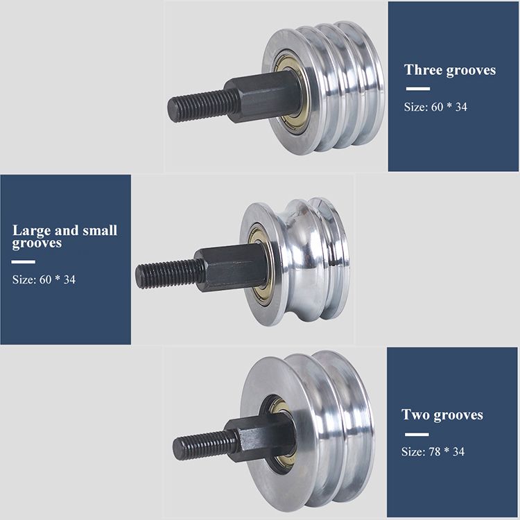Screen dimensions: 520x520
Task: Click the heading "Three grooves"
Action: [x=450, y=70]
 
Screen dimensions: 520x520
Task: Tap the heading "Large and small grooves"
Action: [x=64, y=236]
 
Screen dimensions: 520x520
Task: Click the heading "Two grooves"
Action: [x=442, y=415]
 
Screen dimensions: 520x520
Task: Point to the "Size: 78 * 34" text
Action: [x=433, y=451]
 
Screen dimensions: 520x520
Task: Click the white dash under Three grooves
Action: [x=417, y=89]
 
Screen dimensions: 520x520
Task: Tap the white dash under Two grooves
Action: [x=415, y=434]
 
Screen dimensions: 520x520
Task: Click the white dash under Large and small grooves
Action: [x=24, y=262]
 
